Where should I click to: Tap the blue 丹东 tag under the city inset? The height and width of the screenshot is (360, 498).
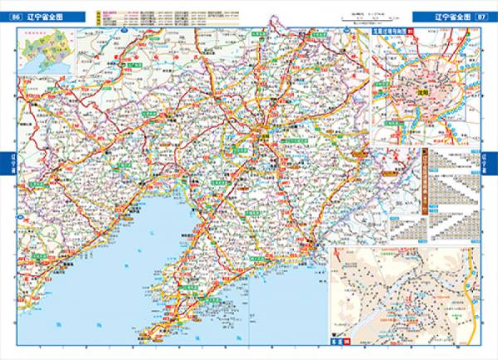[x=337, y=341]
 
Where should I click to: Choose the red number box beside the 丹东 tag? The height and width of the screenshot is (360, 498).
[x=349, y=341]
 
